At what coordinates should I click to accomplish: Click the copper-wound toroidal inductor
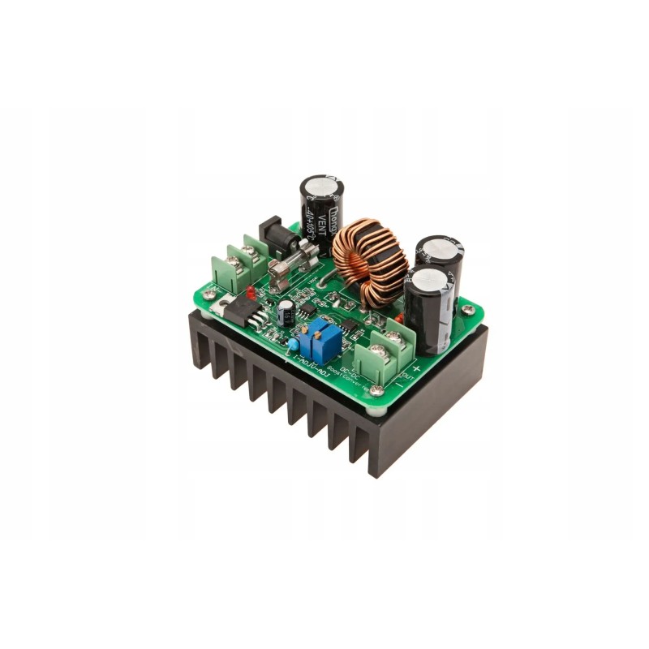[x=367, y=261]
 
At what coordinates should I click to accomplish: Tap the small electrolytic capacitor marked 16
[x=286, y=313]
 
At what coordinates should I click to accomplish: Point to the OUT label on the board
[x=408, y=375]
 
